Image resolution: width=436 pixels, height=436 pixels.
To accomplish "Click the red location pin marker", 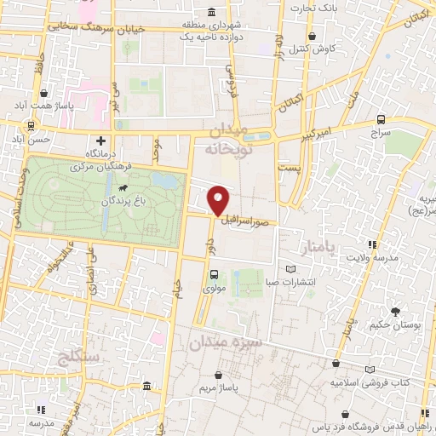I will coord(220,199).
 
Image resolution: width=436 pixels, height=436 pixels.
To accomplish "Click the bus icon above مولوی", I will coord(214,274).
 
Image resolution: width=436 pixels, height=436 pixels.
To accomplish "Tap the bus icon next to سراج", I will coord(380,120).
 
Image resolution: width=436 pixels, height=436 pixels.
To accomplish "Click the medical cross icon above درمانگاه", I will coord(101,140).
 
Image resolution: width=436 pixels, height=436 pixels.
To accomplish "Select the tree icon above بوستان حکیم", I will coord(396,311).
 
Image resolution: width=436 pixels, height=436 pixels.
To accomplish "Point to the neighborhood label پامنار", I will coord(320,248).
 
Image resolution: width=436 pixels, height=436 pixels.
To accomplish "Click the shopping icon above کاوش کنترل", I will coord(314,37).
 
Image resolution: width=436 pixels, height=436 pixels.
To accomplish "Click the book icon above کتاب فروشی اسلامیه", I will coord(369,369).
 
